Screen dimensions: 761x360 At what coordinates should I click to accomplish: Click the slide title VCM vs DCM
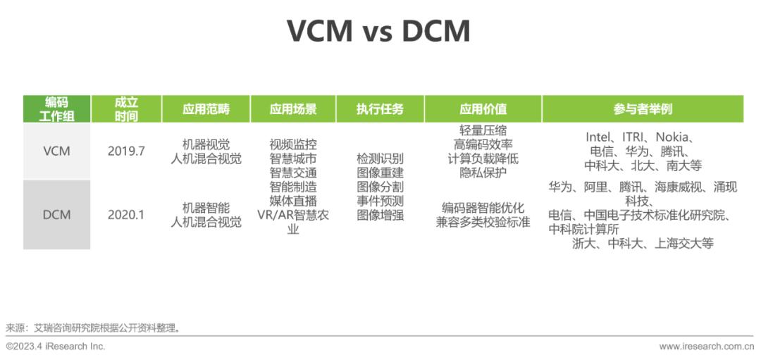click(378, 32)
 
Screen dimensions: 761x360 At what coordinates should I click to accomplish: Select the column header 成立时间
click(126, 109)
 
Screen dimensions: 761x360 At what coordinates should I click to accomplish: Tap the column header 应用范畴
click(206, 109)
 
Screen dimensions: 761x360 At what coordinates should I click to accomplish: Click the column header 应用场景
click(293, 109)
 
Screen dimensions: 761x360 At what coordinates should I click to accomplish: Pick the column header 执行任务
click(380, 109)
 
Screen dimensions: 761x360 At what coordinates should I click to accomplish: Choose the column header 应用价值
click(483, 109)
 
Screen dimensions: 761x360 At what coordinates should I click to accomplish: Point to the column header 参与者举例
click(643, 109)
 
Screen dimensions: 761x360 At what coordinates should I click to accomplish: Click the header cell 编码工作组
click(57, 109)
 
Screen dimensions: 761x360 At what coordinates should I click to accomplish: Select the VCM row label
click(56, 151)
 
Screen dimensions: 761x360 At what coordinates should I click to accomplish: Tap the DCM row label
click(56, 214)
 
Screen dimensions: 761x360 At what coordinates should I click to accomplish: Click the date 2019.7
click(126, 151)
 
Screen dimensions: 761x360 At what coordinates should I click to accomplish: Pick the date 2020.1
click(126, 214)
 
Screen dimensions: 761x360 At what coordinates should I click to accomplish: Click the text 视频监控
click(293, 144)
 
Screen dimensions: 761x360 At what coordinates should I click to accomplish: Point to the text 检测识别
click(380, 159)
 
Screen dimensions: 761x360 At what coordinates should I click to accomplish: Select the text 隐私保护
click(483, 173)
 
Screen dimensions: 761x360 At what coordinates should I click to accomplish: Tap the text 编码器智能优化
click(483, 208)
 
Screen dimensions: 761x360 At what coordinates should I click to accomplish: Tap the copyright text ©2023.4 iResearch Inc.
click(56, 347)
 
